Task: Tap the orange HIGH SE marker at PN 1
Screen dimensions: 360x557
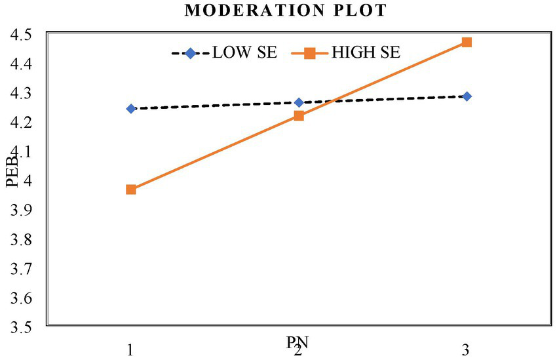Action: [x=131, y=190]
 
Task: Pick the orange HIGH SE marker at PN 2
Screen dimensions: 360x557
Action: [x=299, y=116]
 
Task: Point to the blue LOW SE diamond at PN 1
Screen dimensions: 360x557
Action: [x=131, y=109]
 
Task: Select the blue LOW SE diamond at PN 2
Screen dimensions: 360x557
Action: [x=299, y=103]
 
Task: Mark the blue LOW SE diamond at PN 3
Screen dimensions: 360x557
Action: [x=467, y=96]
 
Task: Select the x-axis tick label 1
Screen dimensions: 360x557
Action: [x=131, y=350]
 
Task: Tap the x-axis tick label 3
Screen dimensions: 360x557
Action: [x=466, y=350]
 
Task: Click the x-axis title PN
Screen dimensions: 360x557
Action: [x=298, y=342]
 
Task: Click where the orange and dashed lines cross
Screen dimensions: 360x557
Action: [x=332, y=102]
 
